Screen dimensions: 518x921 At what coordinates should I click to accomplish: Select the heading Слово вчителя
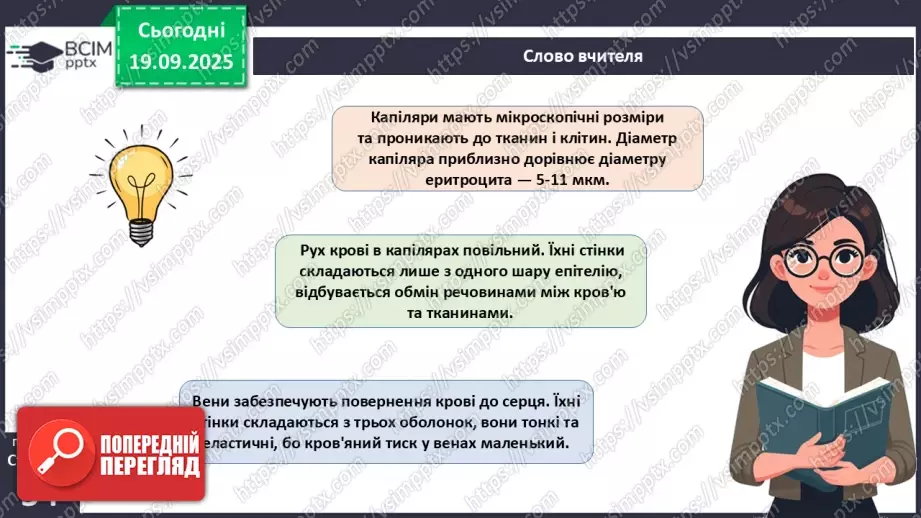coord(582,56)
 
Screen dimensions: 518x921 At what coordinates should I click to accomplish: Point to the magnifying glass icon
coord(56,448)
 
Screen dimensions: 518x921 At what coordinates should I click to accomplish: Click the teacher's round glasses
coord(824,263)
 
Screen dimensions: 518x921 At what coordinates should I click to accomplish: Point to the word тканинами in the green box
coord(479,313)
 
